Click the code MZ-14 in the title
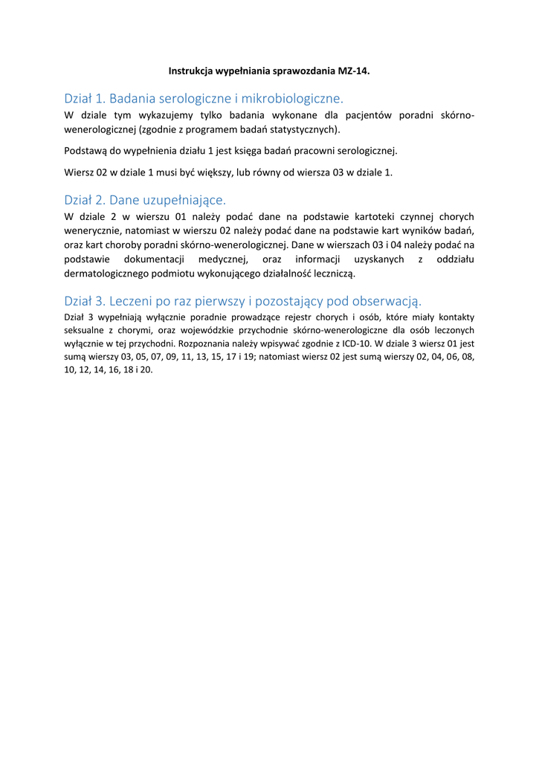[354, 71]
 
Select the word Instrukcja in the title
[191, 71]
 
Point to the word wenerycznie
[93, 231]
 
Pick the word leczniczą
[332, 273]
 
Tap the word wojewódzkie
[220, 330]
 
